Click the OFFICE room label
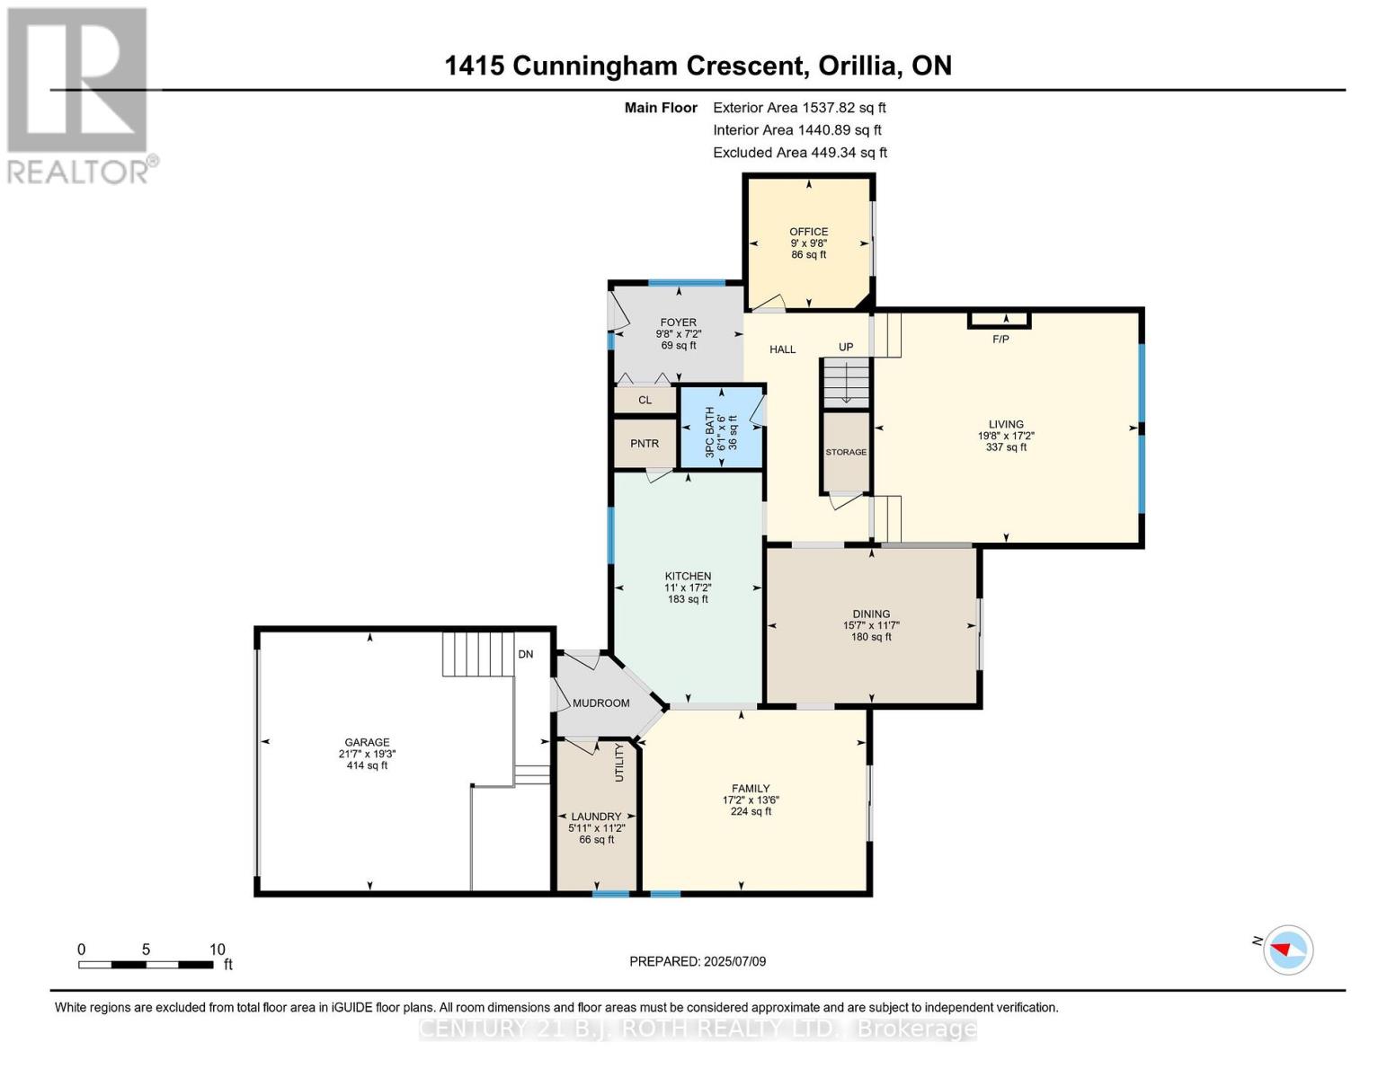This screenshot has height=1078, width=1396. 808,231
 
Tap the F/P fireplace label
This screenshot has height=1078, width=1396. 1000,339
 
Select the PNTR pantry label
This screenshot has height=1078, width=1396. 645,443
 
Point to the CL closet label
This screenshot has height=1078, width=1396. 645,400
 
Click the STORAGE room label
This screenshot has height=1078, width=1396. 846,452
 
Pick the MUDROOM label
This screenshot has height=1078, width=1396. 600,703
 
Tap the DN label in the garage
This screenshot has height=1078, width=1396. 526,654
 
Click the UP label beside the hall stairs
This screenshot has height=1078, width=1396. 846,347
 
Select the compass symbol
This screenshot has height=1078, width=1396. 1287,950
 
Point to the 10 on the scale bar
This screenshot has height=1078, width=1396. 218,950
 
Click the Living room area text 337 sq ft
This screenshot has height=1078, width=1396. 1006,446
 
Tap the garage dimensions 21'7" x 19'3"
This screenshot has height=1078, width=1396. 367,754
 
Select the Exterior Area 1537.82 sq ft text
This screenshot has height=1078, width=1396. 799,108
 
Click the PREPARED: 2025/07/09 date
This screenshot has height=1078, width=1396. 698,961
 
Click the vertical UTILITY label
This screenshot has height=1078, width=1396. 619,762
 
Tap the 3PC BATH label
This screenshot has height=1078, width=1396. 710,432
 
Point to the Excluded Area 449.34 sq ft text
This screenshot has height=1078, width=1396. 800,153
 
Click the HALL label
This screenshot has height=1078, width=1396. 782,349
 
